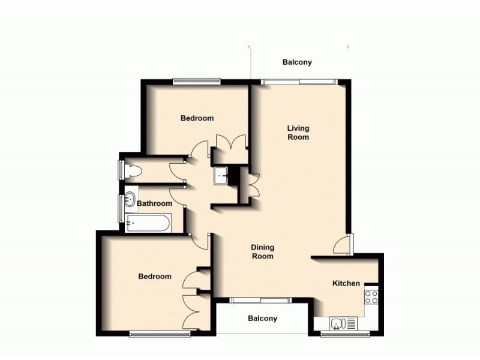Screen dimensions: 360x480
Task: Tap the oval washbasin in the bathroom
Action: [130, 200]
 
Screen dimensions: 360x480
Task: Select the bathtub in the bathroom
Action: [148, 224]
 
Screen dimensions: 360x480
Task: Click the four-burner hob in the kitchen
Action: [371, 296]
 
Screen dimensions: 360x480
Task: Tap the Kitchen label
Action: [346, 284]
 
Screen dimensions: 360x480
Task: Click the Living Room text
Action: [298, 133]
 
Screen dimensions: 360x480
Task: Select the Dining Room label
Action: [262, 251]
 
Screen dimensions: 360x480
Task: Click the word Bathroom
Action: [154, 204]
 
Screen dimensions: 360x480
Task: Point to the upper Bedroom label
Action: [197, 118]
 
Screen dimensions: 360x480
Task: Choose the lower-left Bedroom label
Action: [155, 277]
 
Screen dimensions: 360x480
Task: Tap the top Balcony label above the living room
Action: [297, 62]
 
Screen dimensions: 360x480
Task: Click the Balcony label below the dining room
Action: [262, 319]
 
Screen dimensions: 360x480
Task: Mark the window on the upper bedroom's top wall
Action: [197, 81]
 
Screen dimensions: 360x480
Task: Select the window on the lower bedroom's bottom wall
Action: [155, 334]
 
